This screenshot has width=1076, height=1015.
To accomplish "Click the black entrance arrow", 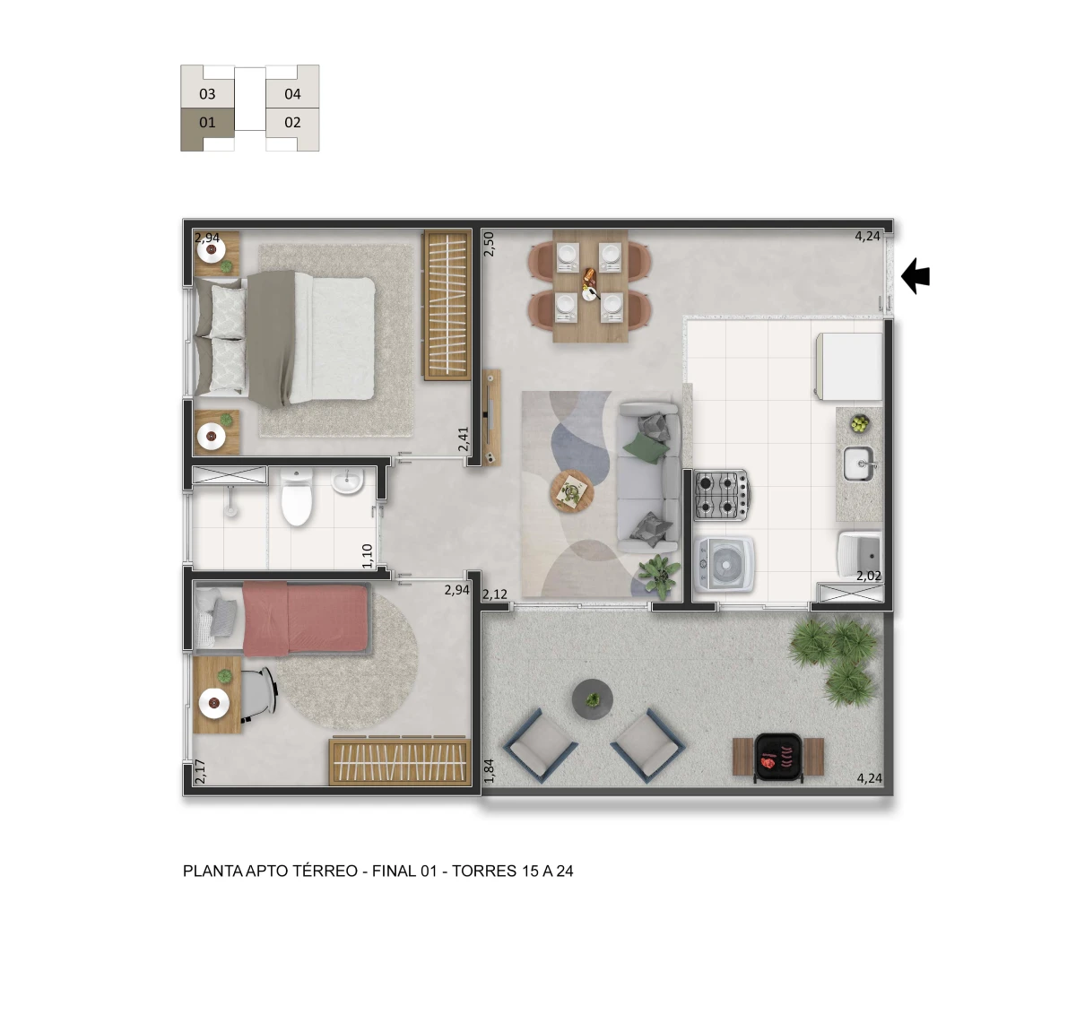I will coord(915,276).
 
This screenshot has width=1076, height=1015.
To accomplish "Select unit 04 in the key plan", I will coord(292,93).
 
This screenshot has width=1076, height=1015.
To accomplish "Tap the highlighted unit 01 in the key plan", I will coord(207,123).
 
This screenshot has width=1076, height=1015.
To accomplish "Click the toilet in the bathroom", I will coord(296,500).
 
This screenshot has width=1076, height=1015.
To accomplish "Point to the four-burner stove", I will coord(721,495).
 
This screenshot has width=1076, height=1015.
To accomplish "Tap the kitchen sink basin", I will coord(857,464).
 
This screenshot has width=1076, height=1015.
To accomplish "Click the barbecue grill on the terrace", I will coord(777,756).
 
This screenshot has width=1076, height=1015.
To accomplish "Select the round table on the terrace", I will coord(593,697).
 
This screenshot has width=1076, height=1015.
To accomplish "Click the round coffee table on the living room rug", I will coord(571,491).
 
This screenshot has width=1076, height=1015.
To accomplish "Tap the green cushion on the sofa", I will coord(647,446).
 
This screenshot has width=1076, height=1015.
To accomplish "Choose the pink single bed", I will coord(305,618).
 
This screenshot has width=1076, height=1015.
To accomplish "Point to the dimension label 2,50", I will coord(489,244).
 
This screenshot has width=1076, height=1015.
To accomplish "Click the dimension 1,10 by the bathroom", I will coord(368,556).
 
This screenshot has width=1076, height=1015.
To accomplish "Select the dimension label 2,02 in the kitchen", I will coord(868,577).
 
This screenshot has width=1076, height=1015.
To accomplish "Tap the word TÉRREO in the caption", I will coord(325,871).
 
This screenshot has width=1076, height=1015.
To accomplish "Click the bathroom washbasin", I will coord(345,482).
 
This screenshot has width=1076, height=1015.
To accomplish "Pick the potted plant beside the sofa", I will coord(660,575).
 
